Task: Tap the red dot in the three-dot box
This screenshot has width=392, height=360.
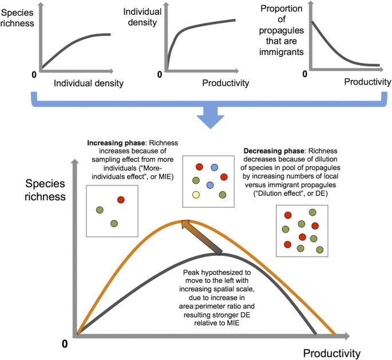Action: pyautogui.click(x=121, y=200)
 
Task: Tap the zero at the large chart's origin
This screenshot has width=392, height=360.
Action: pyautogui.click(x=65, y=343)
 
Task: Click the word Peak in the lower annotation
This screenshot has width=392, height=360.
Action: pyautogui.click(x=192, y=275)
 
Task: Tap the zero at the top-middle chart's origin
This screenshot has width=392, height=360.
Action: pyautogui.click(x=159, y=74)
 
